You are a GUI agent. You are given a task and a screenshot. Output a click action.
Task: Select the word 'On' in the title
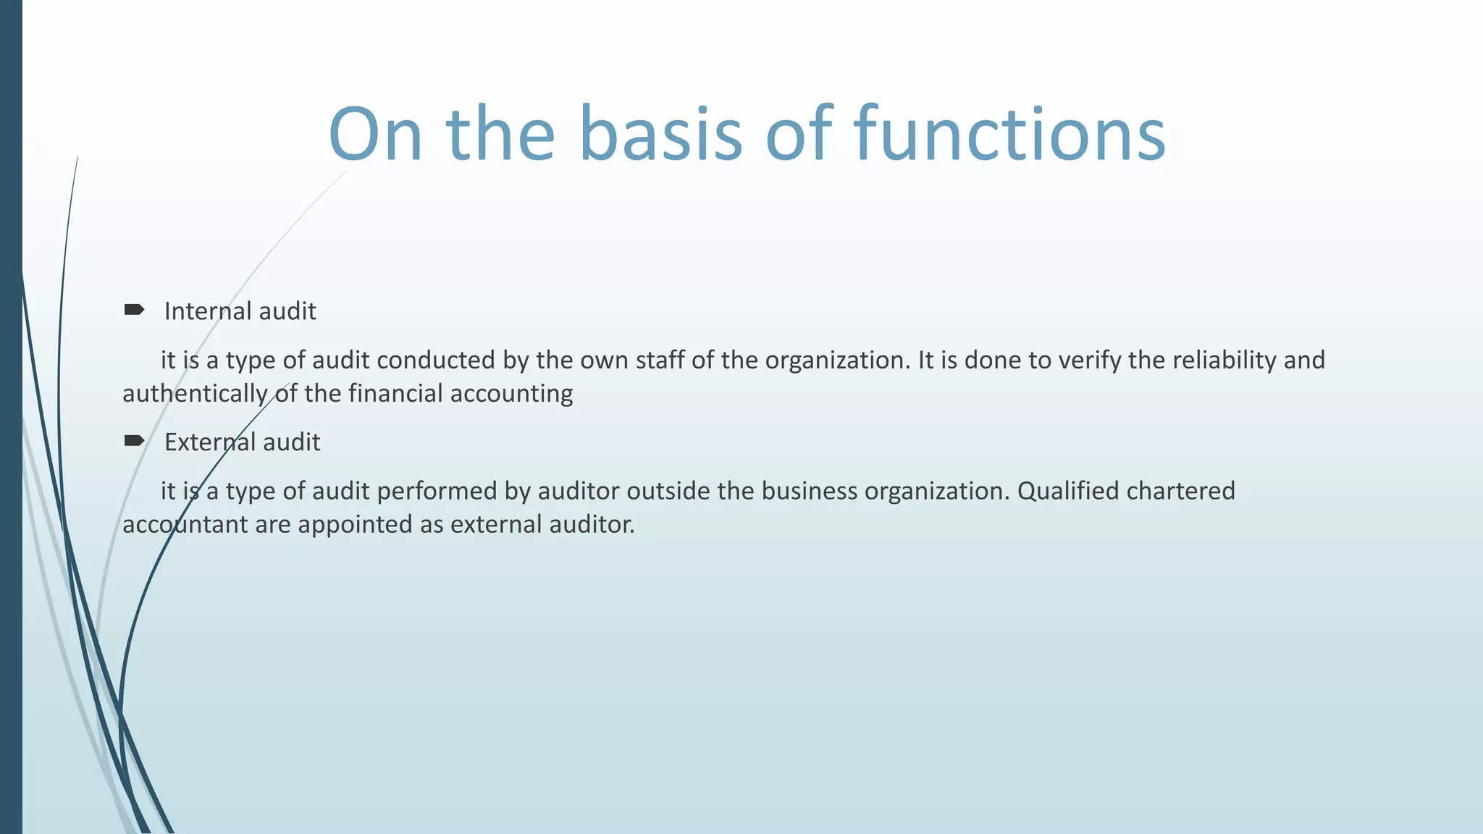pos(375,135)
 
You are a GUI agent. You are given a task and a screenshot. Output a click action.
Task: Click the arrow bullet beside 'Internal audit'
pos(134,311)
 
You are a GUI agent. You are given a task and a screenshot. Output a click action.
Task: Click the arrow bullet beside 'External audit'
pos(134,441)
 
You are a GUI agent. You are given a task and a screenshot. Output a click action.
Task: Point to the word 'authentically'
pos(195,394)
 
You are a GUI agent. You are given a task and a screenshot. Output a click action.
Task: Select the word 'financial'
pos(395,393)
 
